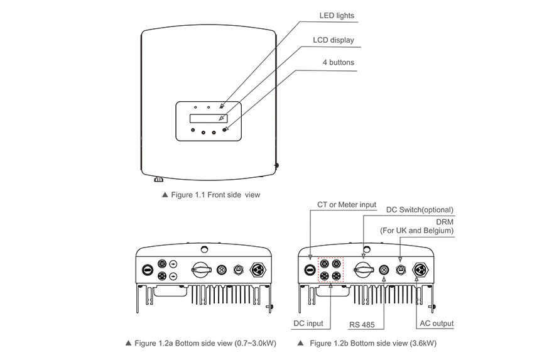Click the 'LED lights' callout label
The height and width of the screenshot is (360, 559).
(337, 15)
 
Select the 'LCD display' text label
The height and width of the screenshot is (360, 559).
(334, 40)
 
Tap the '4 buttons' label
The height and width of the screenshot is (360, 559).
(338, 63)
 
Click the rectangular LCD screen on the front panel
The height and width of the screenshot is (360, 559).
(207, 118)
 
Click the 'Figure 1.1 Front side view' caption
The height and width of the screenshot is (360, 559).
(211, 195)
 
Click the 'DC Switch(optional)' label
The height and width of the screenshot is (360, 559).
(420, 210)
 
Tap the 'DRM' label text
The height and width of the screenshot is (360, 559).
(445, 221)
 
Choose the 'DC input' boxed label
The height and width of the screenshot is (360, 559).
(308, 324)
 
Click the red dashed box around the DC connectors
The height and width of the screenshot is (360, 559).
(331, 270)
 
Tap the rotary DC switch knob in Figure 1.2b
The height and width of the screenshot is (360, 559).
(364, 270)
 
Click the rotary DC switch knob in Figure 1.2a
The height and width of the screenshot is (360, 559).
(201, 270)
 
